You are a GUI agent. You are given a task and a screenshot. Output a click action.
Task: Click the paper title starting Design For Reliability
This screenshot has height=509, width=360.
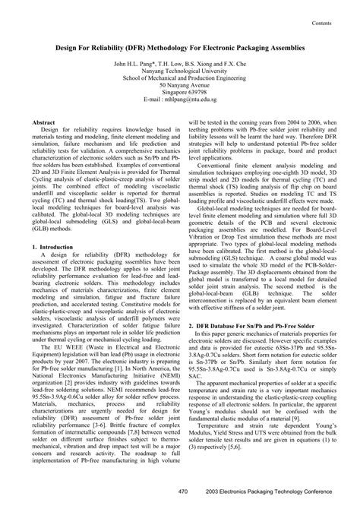[x=180, y=46]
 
